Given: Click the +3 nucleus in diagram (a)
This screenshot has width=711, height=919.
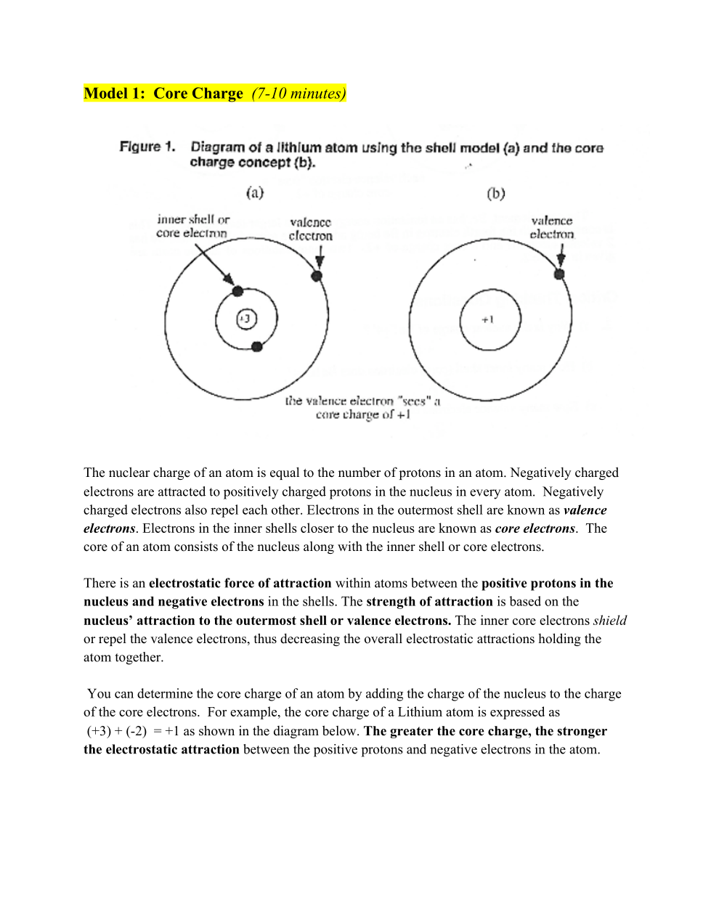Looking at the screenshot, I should click(246, 319).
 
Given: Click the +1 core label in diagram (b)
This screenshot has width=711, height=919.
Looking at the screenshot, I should click(488, 319).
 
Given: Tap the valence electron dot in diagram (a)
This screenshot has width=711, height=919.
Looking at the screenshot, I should click(317, 276).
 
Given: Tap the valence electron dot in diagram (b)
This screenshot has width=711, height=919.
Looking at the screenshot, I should click(559, 274).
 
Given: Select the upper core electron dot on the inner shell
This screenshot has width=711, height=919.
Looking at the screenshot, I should click(237, 291).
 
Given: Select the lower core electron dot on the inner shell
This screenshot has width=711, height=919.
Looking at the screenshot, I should click(256, 347).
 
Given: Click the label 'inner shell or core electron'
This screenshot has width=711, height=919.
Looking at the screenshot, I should click(192, 226).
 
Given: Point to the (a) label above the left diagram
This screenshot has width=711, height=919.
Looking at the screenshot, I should click(255, 192).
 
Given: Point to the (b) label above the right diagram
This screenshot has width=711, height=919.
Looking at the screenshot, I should click(496, 193).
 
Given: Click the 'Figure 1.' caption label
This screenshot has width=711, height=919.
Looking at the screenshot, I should click(147, 147).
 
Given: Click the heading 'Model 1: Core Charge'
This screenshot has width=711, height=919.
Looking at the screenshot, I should click(163, 94).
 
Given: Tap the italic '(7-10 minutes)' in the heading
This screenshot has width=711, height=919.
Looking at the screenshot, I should click(298, 94).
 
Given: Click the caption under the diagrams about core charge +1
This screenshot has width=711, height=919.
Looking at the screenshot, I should click(362, 407).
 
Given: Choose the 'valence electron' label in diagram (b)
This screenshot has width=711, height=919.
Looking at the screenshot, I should click(552, 227).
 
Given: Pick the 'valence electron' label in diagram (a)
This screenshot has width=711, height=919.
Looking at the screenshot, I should click(311, 229).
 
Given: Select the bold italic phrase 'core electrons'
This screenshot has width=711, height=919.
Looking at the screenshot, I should click(535, 528).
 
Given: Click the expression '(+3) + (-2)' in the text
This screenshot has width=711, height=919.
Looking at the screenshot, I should click(117, 731).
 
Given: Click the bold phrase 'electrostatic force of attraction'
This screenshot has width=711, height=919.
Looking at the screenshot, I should click(240, 583).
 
